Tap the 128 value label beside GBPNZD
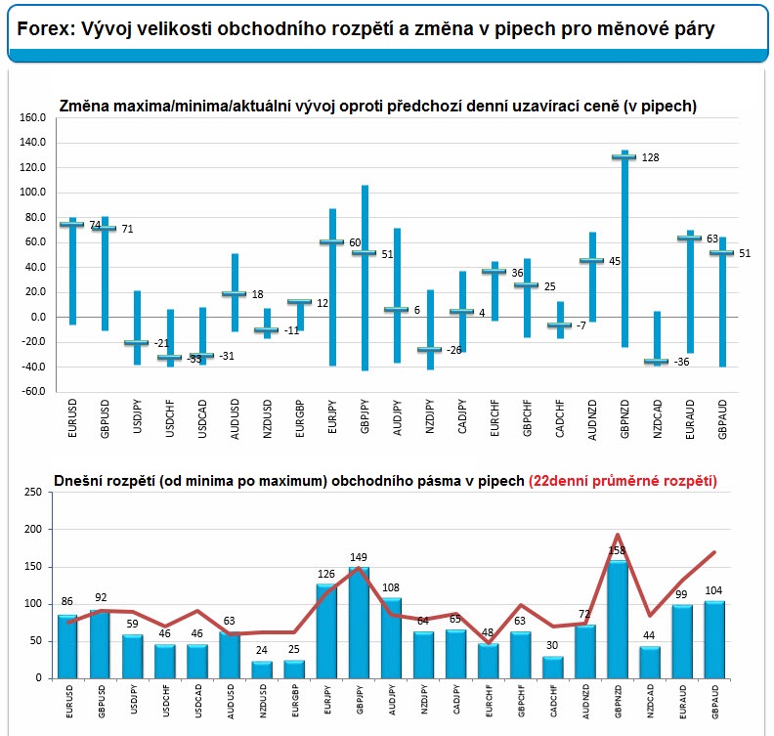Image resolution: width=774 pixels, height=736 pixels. pos(650,157)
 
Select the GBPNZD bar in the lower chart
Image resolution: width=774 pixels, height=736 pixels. pos(618,619)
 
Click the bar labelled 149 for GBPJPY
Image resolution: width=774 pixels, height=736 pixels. pos(359,623)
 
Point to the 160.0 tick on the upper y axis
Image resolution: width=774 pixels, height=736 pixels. pos(32,117)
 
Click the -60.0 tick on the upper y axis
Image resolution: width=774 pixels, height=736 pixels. pos(32,391)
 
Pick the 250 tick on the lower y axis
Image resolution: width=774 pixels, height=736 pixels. pos(33,492)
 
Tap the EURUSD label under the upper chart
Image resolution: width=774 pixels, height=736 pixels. pos(72,418)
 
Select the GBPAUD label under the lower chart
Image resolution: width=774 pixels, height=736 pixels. pos(714,702)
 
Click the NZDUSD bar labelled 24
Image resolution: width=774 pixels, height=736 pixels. pos(262,670)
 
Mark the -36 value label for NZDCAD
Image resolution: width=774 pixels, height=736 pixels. pos(682,362)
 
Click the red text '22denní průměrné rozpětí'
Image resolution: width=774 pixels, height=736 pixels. pos(623,481)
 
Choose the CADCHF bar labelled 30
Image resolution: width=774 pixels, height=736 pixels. pos(553,668)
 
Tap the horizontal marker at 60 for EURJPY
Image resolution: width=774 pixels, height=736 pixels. pos(331,241)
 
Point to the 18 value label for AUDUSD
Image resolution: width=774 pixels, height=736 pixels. pos(258,295)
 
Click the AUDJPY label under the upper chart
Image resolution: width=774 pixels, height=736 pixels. pos(398,417)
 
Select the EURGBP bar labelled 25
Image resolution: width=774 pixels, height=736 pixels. pos(294,670)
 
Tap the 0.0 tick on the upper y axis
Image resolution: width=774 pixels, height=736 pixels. pos(38,317)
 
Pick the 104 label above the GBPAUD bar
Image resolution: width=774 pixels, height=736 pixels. pos(713,590)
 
